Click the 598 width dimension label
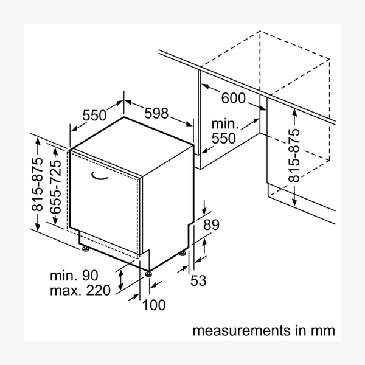click(x=157, y=114)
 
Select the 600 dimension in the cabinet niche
click(x=233, y=99)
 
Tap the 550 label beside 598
click(x=94, y=114)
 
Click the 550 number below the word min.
click(x=223, y=139)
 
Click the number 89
click(x=210, y=225)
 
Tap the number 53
click(x=199, y=280)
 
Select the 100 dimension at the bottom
click(x=153, y=305)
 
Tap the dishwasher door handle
click(x=99, y=176)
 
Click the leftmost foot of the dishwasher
click(x=84, y=248)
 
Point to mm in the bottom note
click(x=324, y=332)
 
